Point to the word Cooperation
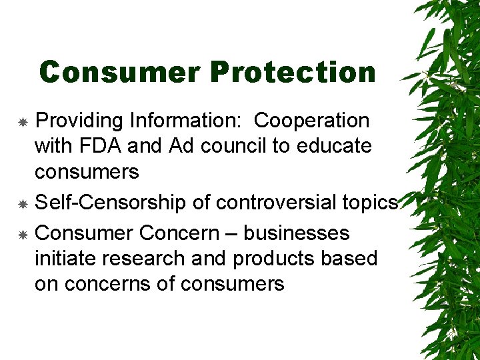tap(311, 121)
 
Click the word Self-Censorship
tap(110, 203)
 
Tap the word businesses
tap(296, 233)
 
